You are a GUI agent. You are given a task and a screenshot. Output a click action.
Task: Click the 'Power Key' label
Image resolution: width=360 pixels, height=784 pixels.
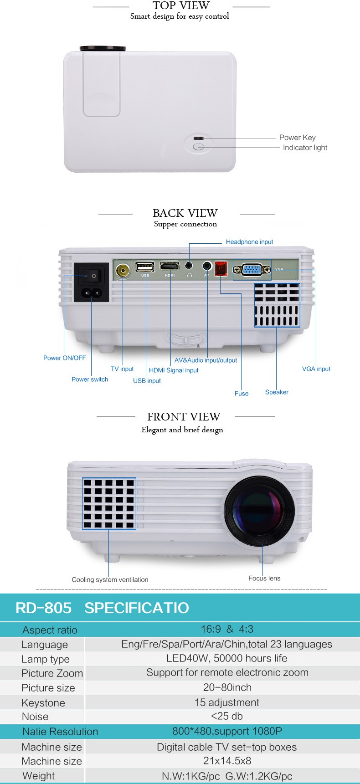(297, 138)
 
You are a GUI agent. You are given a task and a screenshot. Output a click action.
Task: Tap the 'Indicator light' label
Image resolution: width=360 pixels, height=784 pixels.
(305, 148)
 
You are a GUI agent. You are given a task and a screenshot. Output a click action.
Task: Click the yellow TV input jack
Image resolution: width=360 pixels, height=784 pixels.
(123, 271)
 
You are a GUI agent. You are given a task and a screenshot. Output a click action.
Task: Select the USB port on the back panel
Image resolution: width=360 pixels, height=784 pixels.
(145, 267)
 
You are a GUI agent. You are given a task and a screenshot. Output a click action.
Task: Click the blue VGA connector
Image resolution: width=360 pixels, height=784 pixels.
(252, 270)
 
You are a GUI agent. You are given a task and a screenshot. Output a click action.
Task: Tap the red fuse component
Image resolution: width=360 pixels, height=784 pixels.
(221, 268)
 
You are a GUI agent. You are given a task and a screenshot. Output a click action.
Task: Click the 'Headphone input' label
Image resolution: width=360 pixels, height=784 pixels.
(249, 242)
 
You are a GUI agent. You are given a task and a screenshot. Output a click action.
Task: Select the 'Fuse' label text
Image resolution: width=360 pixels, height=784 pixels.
(242, 394)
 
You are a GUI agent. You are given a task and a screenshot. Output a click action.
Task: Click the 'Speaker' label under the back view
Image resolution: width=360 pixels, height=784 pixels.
(277, 392)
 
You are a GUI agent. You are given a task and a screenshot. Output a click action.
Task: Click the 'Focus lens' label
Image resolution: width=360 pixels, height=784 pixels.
(264, 579)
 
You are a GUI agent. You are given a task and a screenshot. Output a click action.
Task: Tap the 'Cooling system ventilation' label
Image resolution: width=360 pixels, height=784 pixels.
(110, 580)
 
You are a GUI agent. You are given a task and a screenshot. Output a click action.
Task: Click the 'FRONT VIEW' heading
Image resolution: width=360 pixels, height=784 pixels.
(184, 417)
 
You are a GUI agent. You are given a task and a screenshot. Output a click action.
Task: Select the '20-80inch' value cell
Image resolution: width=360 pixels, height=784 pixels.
(227, 687)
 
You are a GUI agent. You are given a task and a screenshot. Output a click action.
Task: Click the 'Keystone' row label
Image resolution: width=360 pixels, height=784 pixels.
(43, 703)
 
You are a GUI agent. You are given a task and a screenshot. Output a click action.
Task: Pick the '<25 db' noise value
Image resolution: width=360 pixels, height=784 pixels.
(227, 716)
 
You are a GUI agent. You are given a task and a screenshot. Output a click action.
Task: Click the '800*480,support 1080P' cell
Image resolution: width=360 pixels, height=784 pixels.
(227, 731)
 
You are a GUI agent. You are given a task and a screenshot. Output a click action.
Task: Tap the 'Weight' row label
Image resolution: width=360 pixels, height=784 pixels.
(38, 776)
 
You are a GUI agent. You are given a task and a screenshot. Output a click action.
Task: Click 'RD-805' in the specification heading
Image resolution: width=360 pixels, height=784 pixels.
(43, 608)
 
